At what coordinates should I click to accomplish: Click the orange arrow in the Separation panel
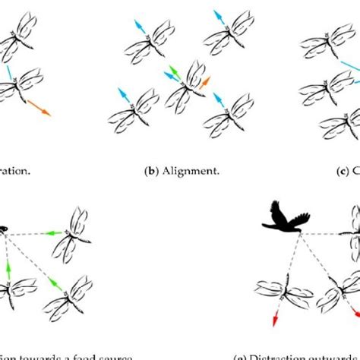pyautogui.click(x=39, y=106)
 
